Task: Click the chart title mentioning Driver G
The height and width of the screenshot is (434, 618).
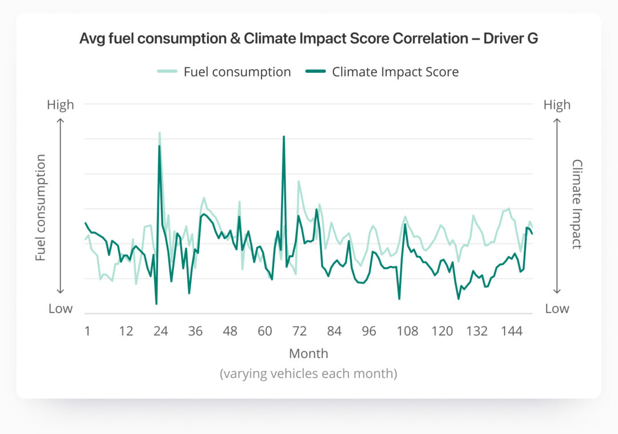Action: click(308, 39)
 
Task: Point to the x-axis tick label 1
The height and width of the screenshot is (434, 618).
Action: click(87, 332)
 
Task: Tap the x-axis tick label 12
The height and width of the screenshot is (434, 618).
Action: click(126, 332)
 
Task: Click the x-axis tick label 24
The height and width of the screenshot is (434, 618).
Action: click(161, 332)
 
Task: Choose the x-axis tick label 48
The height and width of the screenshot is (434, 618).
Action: click(230, 332)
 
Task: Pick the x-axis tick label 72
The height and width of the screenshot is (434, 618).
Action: click(299, 332)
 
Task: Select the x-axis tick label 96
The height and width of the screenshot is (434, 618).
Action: click(369, 332)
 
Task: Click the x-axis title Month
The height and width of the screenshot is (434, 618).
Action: click(308, 353)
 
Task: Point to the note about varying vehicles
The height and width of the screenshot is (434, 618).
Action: click(308, 374)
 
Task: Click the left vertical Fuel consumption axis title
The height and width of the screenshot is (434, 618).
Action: click(40, 207)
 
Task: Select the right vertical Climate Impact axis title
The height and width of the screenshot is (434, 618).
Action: click(576, 204)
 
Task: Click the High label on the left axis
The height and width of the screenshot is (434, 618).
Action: click(61, 105)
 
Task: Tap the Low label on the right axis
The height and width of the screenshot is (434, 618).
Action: click(556, 309)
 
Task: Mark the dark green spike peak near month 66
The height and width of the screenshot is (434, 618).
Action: click(284, 136)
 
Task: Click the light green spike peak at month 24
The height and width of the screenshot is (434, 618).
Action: click(160, 132)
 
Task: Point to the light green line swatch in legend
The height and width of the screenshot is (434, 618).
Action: click(168, 72)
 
